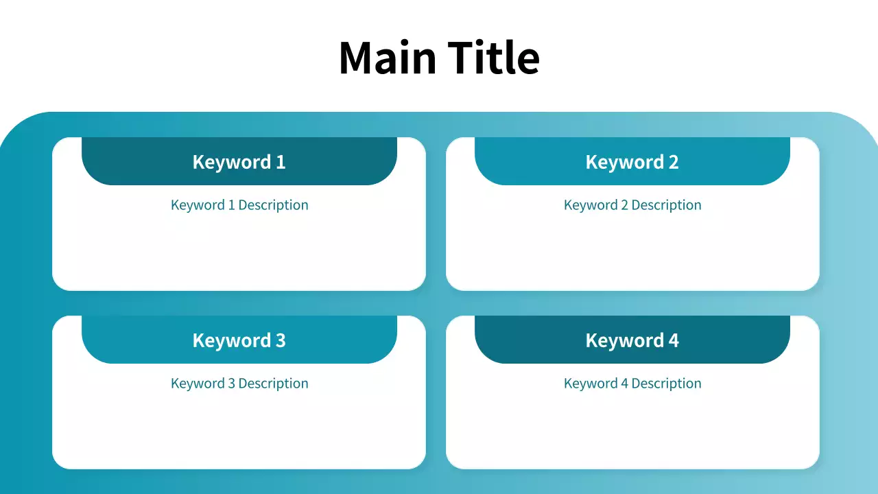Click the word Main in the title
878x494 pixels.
coord(388,57)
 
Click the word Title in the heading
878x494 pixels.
coord(494,57)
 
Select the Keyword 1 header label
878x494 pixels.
coord(239,162)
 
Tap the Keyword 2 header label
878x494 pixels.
coord(632,162)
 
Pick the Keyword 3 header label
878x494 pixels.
coord(239,340)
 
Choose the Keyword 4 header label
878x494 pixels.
coord(632,340)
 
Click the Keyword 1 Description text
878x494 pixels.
coord(239,205)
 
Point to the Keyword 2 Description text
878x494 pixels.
coord(632,205)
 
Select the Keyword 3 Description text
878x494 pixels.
coord(239,384)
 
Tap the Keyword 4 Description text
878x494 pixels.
coord(632,384)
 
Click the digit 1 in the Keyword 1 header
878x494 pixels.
coord(281,162)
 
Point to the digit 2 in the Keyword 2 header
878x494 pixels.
coord(674,162)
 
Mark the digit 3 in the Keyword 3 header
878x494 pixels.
coord(281,340)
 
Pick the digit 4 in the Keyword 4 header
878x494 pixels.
coord(674,340)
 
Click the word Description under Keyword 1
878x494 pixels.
coord(274,205)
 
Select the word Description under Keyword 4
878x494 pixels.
coord(667,384)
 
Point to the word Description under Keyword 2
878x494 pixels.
coord(667,205)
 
